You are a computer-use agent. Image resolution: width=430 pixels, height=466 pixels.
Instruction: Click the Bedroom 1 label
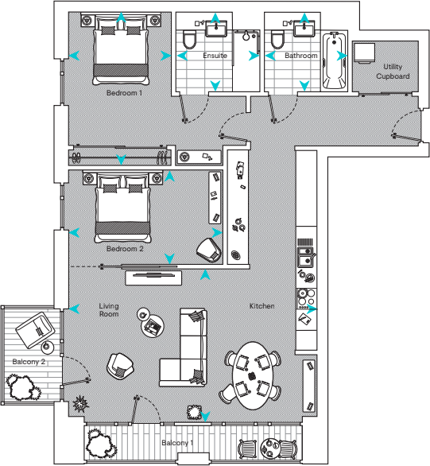[124, 92]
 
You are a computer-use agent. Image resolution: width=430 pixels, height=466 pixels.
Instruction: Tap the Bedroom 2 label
[125, 248]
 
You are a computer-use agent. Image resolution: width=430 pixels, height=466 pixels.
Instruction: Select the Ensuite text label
[215, 56]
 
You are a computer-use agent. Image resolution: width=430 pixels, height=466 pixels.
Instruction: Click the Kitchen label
[262, 306]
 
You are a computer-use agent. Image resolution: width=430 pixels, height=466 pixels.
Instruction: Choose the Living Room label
[109, 310]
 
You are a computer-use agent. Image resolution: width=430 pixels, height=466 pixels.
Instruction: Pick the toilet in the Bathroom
[278, 41]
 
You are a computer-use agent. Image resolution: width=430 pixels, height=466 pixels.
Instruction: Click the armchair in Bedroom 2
[209, 249]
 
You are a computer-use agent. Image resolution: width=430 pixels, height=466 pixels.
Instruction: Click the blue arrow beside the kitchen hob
[316, 308]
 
